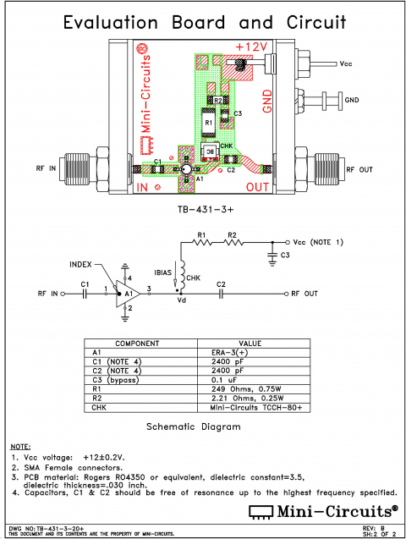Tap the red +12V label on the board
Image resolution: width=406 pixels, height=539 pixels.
coord(252,46)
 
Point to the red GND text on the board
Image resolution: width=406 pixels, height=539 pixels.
coord(267,101)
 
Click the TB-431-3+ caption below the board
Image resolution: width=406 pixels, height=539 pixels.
coord(203,207)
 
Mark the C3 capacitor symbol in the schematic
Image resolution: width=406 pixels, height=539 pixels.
coord(272,254)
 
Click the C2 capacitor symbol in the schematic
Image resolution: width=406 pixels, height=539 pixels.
coord(221,294)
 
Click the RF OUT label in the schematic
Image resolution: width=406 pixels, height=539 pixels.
coord(304,294)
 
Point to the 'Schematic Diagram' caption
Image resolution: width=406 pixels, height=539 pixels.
coord(194,426)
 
